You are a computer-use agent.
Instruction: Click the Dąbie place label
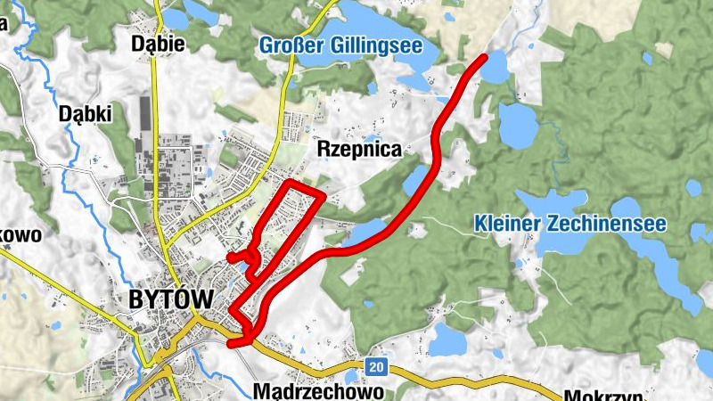[157, 43]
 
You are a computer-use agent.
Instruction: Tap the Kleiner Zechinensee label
[570, 224]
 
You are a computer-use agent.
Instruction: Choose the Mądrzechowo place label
[318, 391]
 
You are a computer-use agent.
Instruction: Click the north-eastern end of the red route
[484, 58]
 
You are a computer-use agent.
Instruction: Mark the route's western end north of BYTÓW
[230, 258]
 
